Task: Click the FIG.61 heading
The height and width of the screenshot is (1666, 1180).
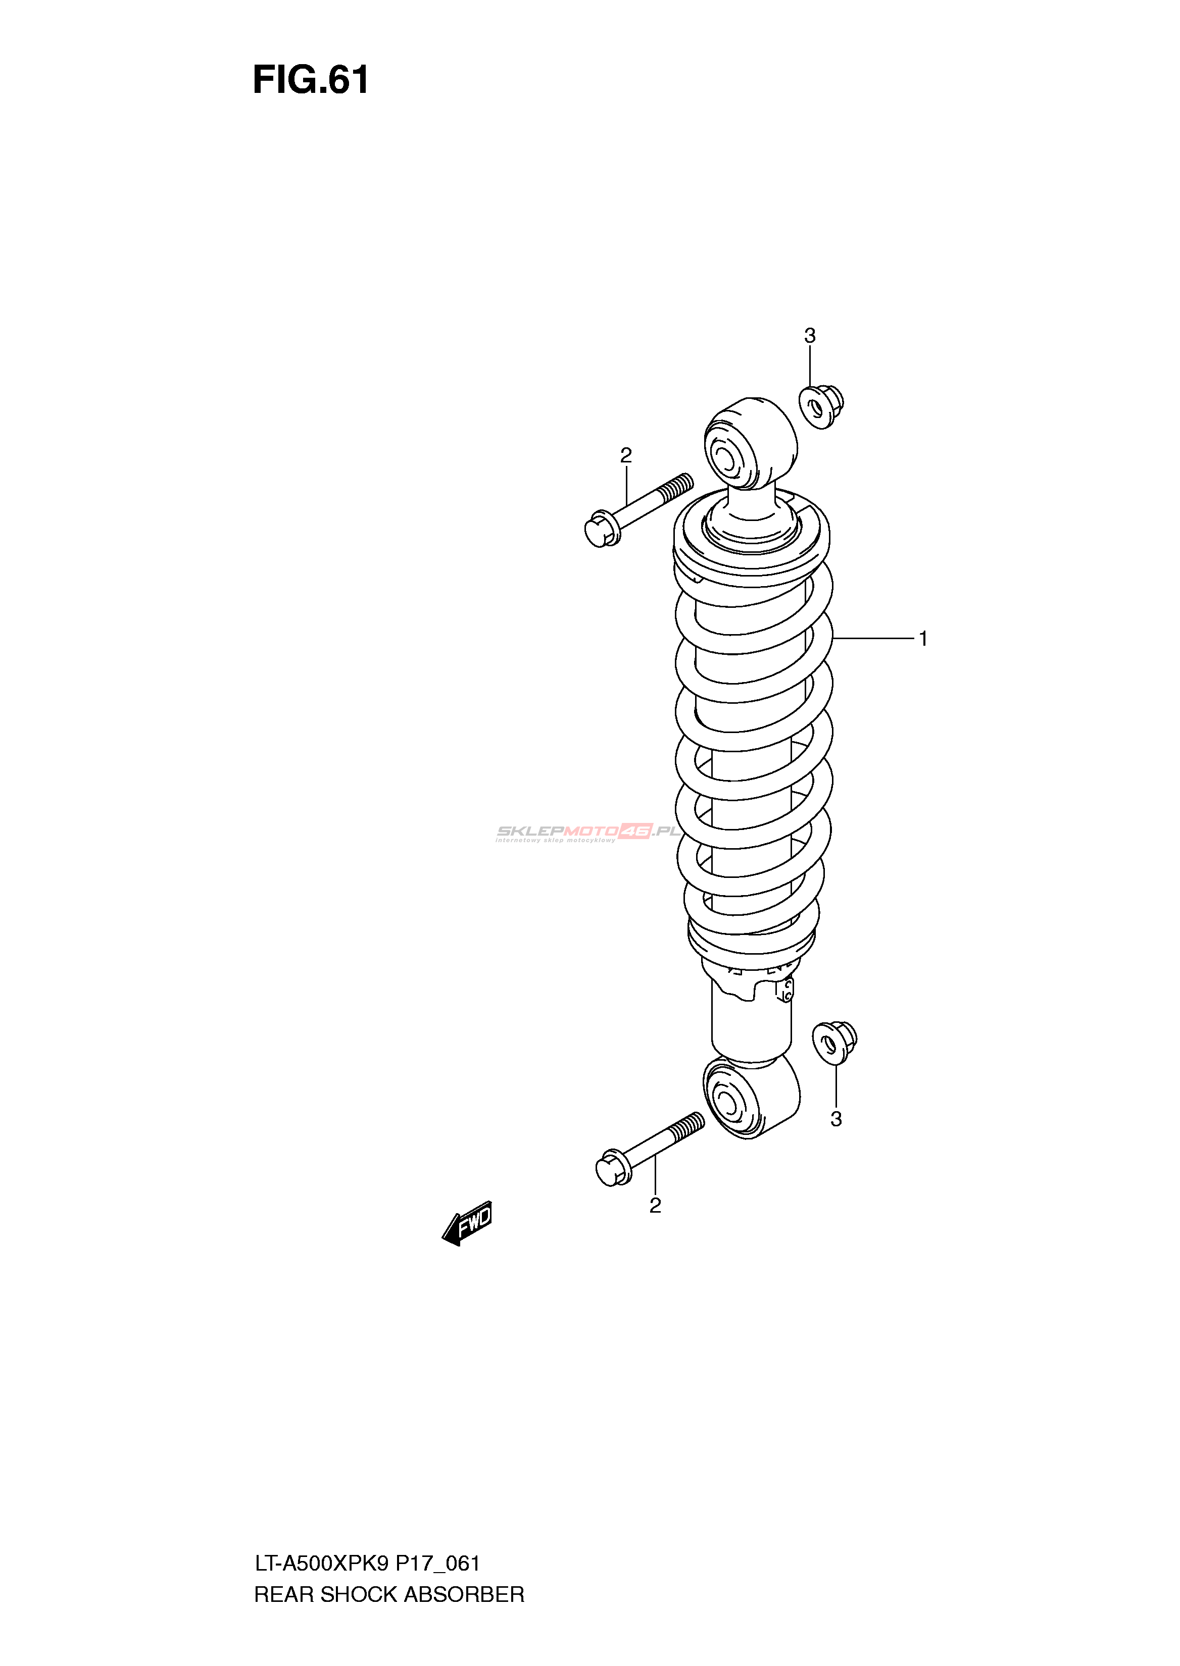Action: tap(311, 81)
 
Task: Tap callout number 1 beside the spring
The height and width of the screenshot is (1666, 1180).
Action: tap(923, 639)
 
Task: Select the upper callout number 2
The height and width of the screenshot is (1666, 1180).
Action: tap(625, 455)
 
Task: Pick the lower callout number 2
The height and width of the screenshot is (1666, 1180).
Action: tap(655, 1206)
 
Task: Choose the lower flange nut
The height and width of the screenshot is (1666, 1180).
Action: tap(834, 1043)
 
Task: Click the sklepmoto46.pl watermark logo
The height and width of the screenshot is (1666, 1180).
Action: tap(587, 833)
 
